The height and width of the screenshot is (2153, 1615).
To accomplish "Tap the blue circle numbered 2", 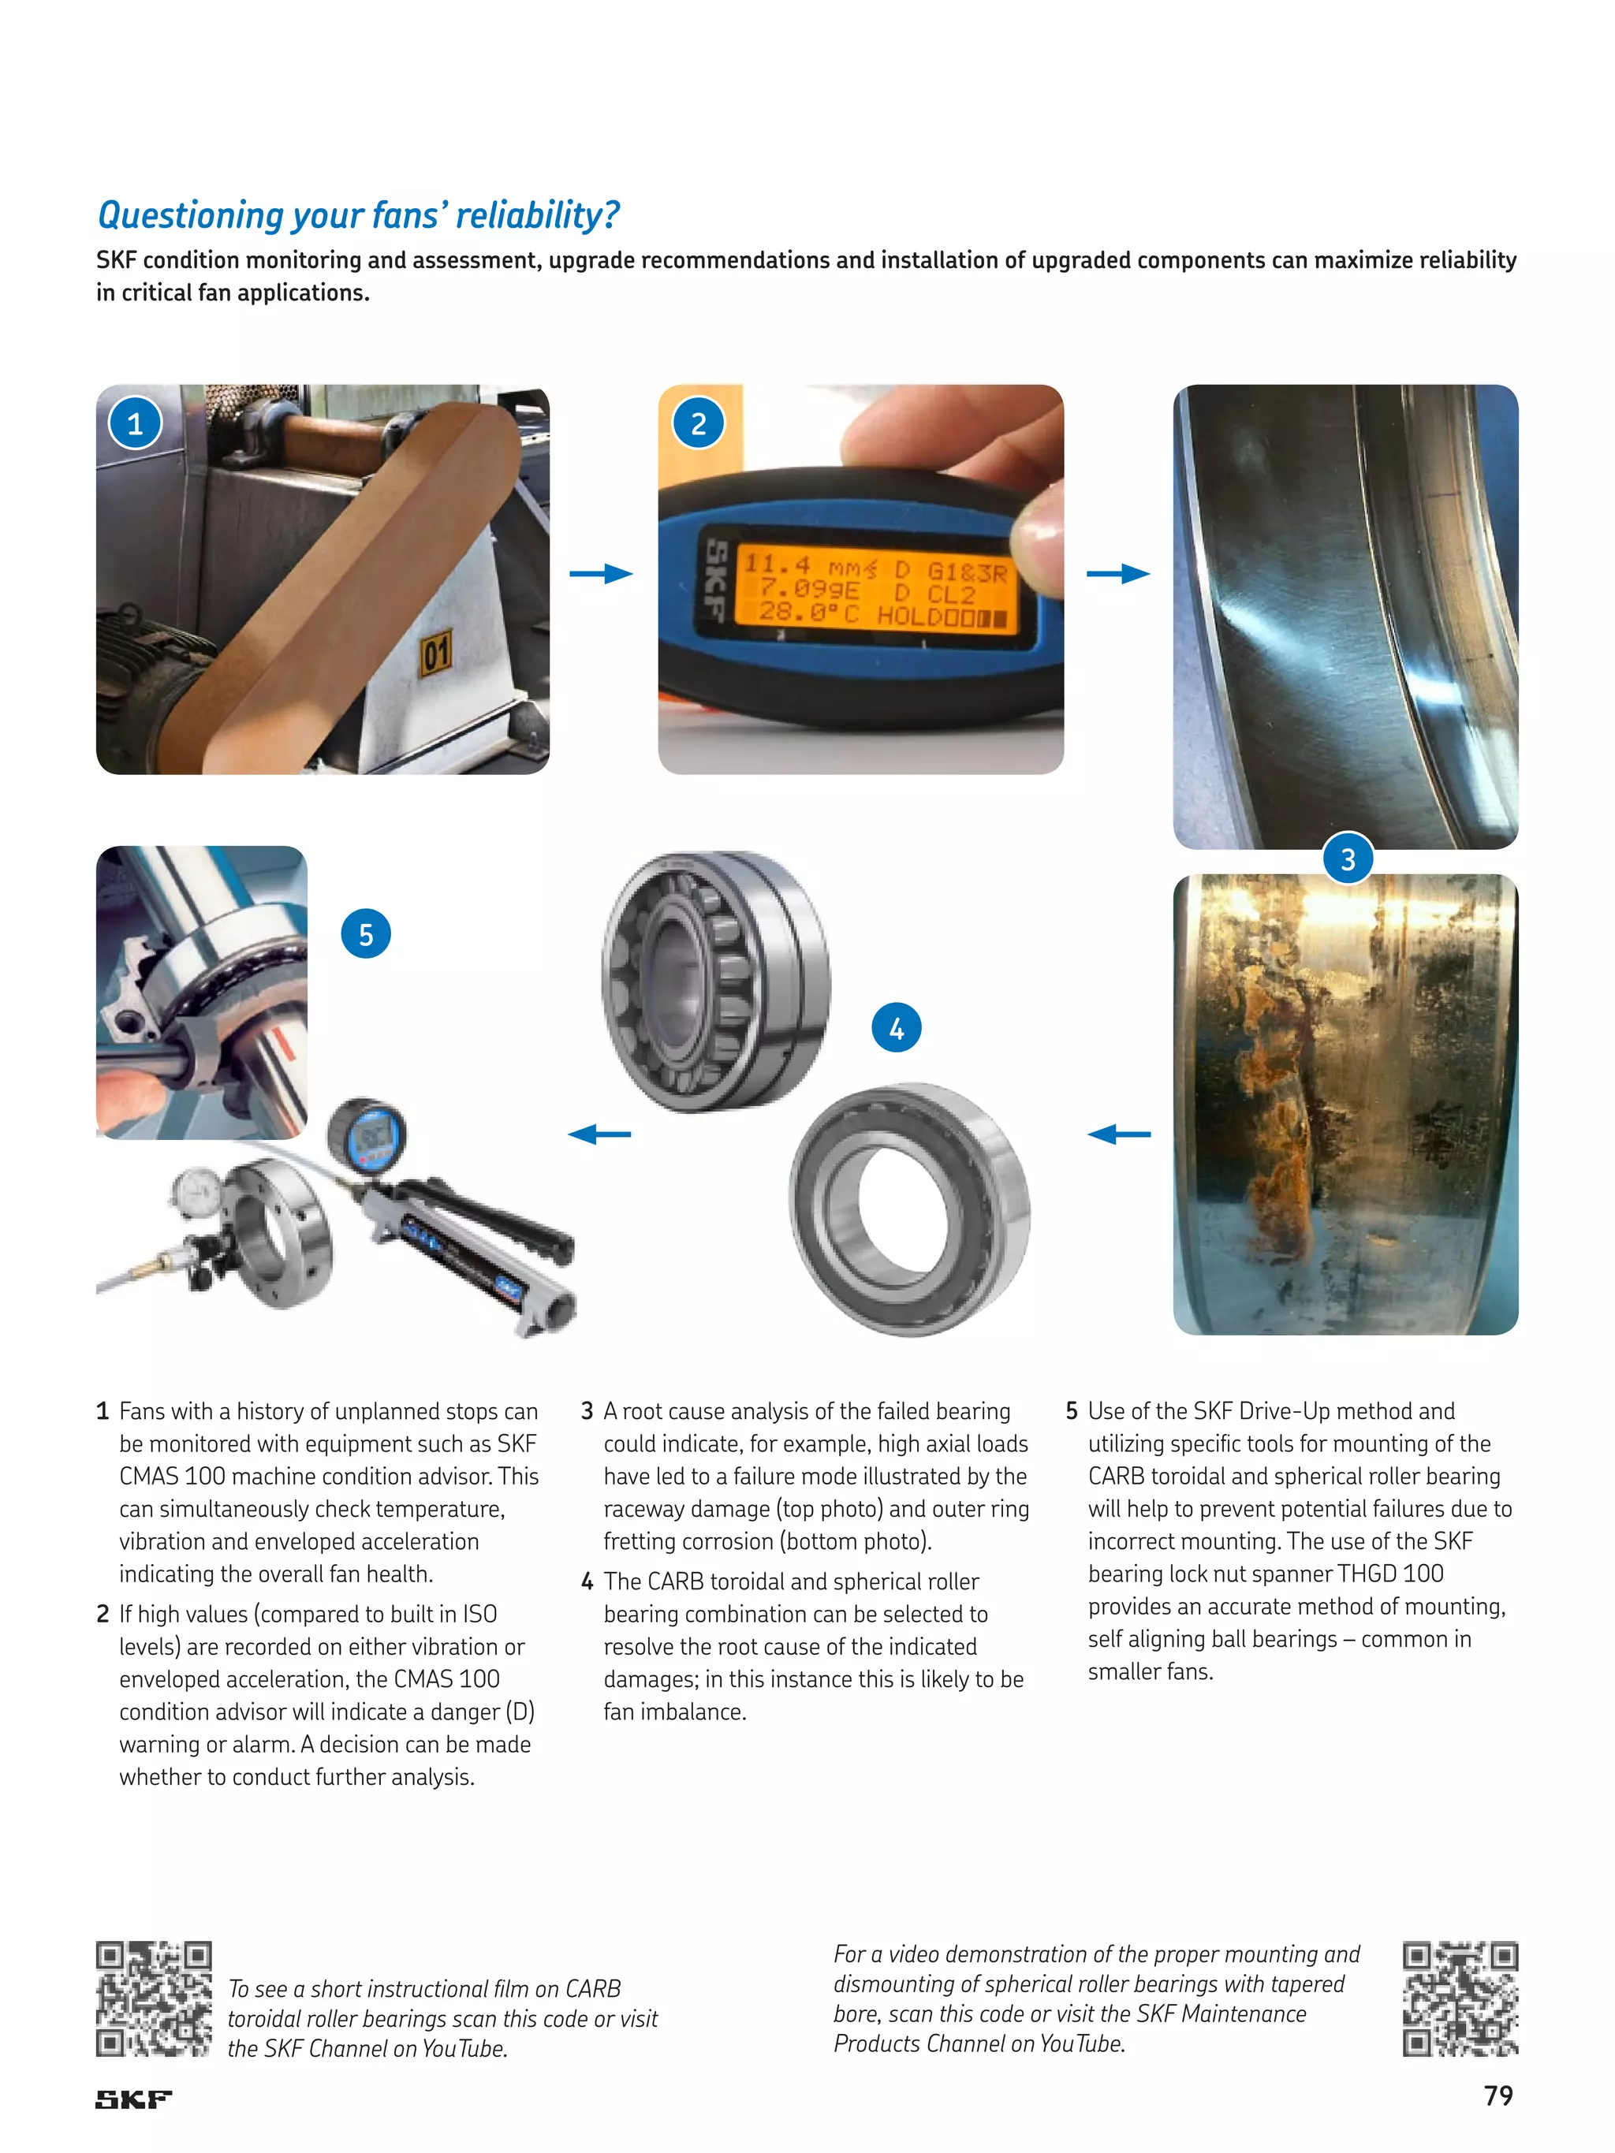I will [698, 423].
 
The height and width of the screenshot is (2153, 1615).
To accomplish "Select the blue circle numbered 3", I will [1348, 859].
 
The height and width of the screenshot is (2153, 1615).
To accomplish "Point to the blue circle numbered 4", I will [896, 1028].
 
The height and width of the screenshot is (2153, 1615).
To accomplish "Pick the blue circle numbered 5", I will [365, 934].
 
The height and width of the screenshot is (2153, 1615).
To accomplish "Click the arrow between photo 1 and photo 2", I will [601, 573].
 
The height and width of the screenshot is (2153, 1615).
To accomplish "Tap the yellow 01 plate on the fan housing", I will [435, 652].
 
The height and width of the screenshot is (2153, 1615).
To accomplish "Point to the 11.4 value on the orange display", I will [777, 564].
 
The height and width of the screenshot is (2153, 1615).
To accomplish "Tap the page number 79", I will [1498, 2095].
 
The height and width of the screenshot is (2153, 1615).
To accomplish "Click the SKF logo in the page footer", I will [133, 2099].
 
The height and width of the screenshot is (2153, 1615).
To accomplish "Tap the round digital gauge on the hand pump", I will [366, 1134].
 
